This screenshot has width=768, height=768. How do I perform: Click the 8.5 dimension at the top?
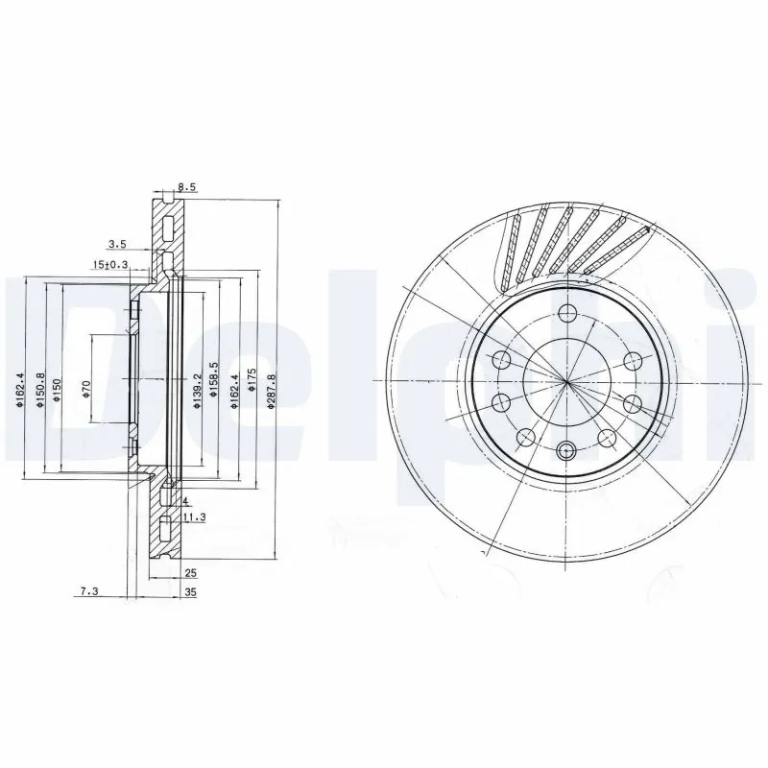186,188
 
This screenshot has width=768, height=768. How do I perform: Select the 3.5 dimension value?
116,245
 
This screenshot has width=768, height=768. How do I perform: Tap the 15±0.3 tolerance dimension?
110,265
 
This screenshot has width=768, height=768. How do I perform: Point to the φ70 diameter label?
86,388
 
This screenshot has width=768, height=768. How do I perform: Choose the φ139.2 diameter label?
197,392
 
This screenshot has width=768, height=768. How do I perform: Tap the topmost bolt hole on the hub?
566,312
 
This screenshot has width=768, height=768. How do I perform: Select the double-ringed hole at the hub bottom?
566,449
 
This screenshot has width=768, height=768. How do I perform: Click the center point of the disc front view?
566,381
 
